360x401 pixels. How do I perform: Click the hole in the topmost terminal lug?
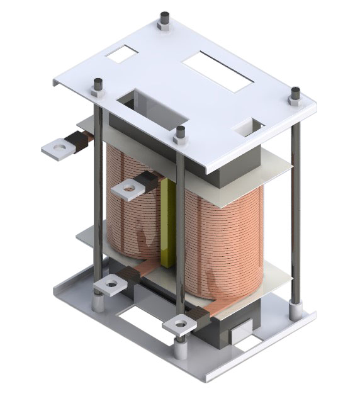pyautogui.click(x=59, y=149)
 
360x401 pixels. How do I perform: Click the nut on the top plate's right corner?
pyautogui.click(x=295, y=96)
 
